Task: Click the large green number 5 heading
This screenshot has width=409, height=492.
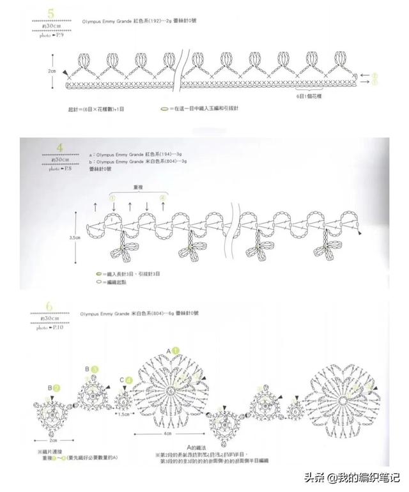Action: pos(42,12)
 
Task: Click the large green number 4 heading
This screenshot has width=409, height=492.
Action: pos(60,149)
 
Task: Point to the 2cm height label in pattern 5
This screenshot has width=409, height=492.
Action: pos(52,72)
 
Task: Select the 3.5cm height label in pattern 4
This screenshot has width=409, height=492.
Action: pos(75,237)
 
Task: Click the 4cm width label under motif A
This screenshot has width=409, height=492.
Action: pos(167,433)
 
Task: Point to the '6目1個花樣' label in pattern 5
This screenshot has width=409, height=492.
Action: pos(310,95)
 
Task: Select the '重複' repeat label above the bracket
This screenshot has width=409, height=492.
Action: pos(139,188)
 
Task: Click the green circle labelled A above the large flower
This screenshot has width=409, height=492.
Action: pos(174,351)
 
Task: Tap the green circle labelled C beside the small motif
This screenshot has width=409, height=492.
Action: pos(128,380)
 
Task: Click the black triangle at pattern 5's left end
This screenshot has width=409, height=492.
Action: pos(67,77)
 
